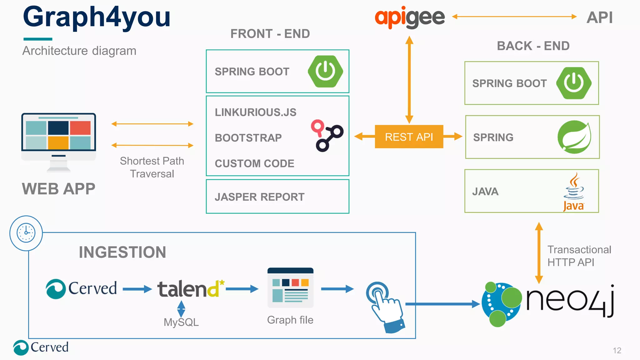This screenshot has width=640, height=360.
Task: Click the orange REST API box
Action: pos(409,137)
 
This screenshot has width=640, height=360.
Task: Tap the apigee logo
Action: pos(409,17)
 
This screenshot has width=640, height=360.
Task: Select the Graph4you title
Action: pos(97,17)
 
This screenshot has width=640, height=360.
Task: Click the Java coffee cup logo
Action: pos(574,191)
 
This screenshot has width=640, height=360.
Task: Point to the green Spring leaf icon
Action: pos(574,137)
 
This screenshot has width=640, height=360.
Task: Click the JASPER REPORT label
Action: pos(259,197)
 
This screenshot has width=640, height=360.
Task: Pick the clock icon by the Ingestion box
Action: pos(26,233)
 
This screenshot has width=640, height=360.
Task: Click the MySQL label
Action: pos(181,322)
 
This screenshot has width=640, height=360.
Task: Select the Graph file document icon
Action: pos(290,288)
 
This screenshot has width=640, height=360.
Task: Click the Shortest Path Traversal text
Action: pos(152,167)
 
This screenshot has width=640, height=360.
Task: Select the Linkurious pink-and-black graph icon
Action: pos(327,135)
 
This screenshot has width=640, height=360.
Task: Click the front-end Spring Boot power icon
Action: pos(325,71)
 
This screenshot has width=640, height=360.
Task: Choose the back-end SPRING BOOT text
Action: pos(509,83)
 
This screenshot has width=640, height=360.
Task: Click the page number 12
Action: pos(617,350)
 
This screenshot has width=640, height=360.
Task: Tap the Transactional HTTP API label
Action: pos(579,256)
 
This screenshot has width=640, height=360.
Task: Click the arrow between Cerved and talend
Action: pos(137,289)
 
